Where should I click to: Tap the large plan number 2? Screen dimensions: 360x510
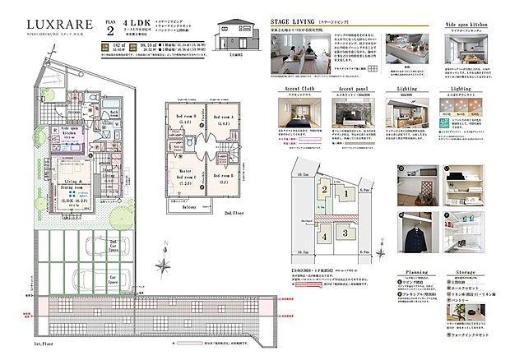pos(109,31)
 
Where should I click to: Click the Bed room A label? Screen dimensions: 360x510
pos(225,119)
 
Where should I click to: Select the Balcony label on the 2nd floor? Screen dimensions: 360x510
pos(195,210)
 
